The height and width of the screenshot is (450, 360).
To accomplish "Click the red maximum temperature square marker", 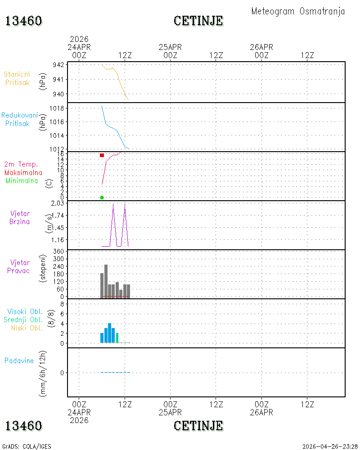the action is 102,155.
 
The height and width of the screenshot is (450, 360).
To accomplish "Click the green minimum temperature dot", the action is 102,198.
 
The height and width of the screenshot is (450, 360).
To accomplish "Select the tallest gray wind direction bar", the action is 106,282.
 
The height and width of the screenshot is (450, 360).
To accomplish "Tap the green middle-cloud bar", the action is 117,338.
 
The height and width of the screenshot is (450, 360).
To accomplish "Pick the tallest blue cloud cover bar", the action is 109,333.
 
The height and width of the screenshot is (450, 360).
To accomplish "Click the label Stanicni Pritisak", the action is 17,78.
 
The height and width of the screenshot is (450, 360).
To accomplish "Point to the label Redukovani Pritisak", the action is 19,119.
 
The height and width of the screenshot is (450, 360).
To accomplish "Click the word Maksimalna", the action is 23,172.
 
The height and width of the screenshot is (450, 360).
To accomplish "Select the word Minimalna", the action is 22,181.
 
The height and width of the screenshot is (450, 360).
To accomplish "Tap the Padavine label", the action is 19,361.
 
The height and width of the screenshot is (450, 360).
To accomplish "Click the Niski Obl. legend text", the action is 27,328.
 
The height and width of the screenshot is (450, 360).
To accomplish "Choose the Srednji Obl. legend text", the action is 23,319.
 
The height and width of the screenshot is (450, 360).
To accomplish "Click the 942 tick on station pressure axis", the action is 58,65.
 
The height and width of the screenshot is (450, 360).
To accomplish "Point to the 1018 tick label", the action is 57,108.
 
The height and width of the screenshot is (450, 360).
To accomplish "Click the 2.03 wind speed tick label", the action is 58,203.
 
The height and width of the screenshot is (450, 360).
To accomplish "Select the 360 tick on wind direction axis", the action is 58,252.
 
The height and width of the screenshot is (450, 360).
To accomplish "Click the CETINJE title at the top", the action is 198,21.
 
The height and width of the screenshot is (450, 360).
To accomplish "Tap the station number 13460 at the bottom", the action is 24,426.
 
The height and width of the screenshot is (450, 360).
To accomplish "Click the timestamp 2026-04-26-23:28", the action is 330,446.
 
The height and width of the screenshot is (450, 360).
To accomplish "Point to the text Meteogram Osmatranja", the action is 298,12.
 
